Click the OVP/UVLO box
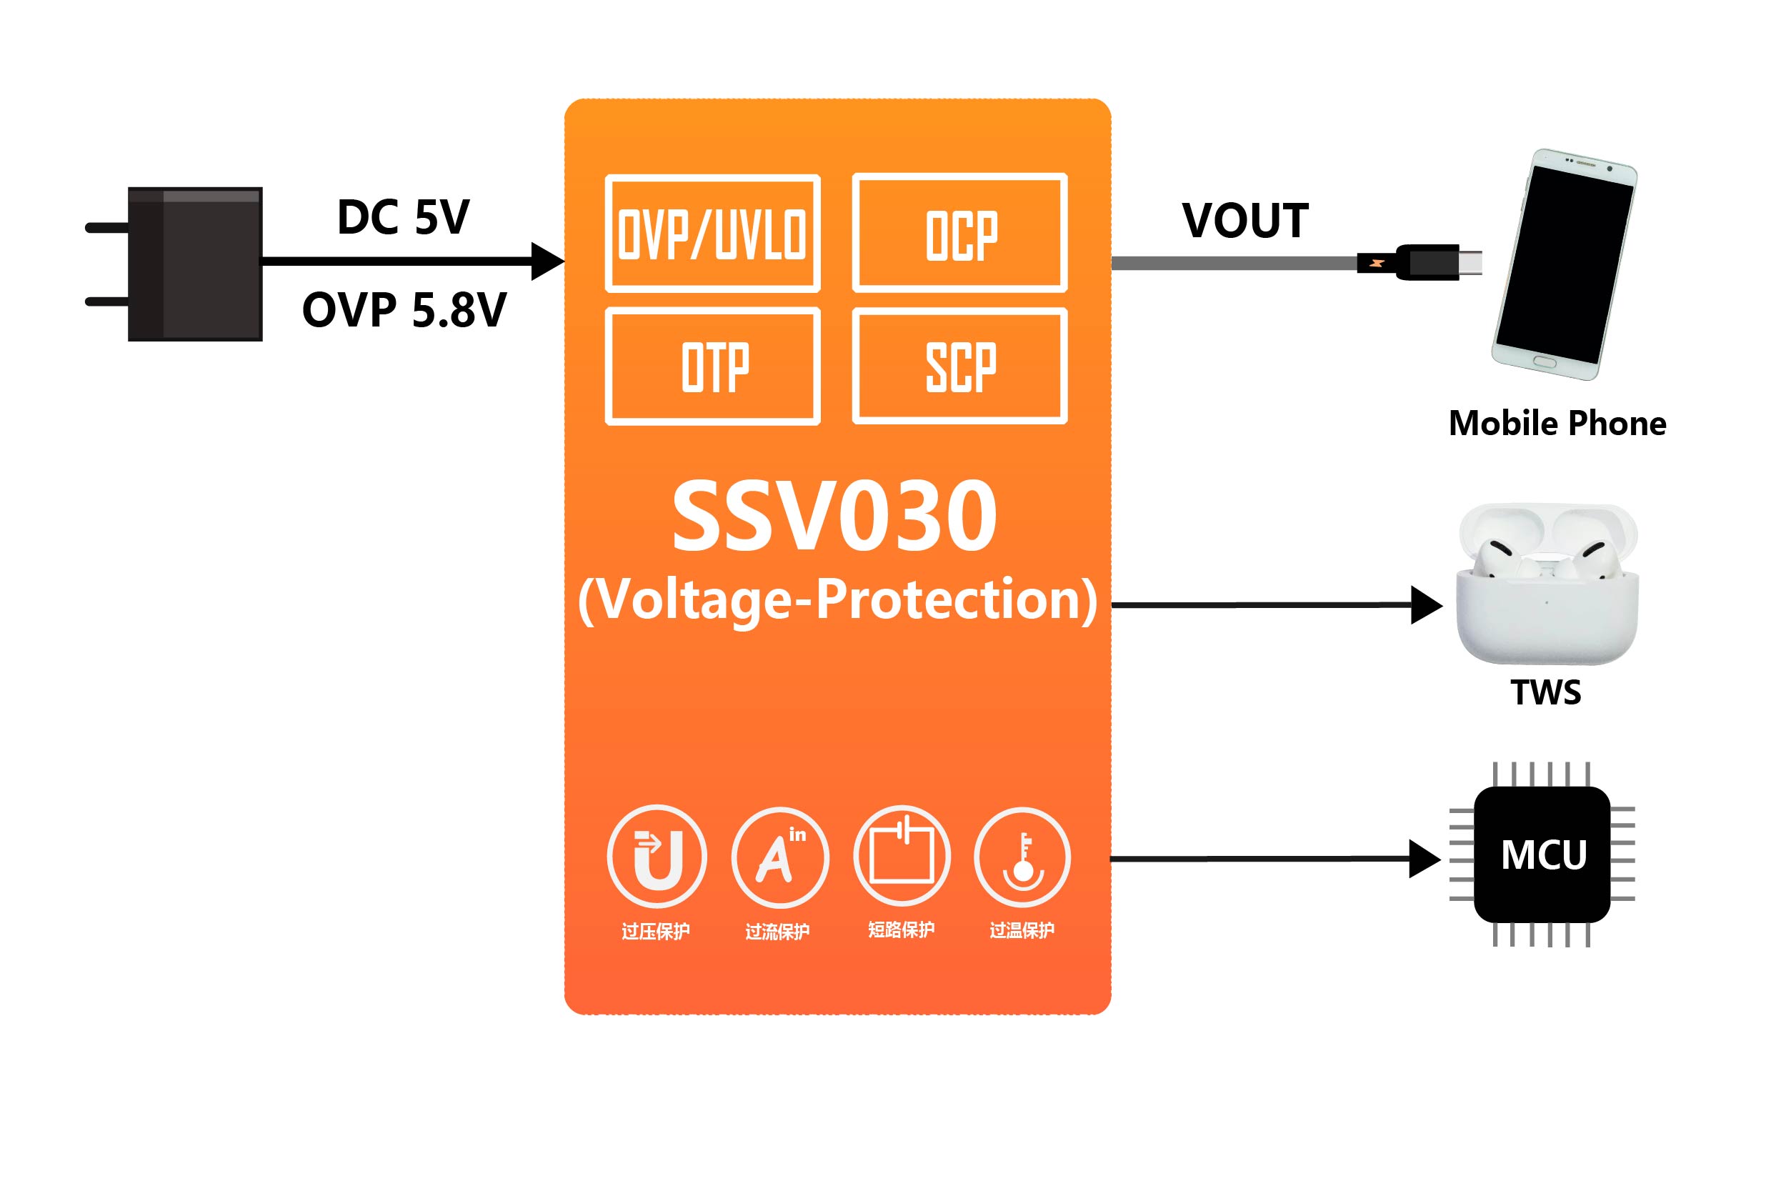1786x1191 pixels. pyautogui.click(x=712, y=233)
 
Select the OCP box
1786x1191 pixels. pyautogui.click(x=960, y=233)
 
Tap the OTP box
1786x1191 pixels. pyautogui.click(x=712, y=366)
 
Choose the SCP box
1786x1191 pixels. pyautogui.click(x=960, y=366)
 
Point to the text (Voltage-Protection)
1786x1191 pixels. pyautogui.click(x=837, y=600)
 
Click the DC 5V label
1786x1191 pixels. pyautogui.click(x=403, y=217)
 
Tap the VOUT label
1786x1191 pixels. pyautogui.click(x=1245, y=221)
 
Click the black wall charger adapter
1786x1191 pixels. pyautogui.click(x=195, y=264)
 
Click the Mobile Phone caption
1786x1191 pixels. pyautogui.click(x=1557, y=423)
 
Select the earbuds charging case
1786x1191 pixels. pyautogui.click(x=1547, y=585)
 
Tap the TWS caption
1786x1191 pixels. pyautogui.click(x=1546, y=692)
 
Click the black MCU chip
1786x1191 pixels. pyautogui.click(x=1542, y=854)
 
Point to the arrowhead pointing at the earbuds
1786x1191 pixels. pyautogui.click(x=1425, y=605)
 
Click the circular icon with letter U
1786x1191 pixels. pyautogui.click(x=657, y=857)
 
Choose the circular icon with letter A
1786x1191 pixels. pyautogui.click(x=780, y=857)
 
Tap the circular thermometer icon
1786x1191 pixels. pyautogui.click(x=1022, y=857)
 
